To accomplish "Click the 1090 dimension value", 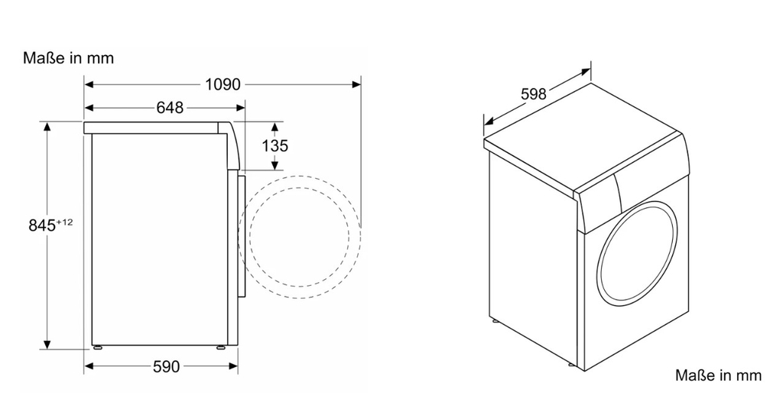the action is pyautogui.click(x=223, y=84).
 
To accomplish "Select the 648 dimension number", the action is pyautogui.click(x=170, y=108).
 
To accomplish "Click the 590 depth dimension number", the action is pyautogui.click(x=166, y=367).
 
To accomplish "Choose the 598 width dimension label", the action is pyautogui.click(x=533, y=94).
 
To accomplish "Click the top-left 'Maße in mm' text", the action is pyautogui.click(x=69, y=58).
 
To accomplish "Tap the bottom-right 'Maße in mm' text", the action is pyautogui.click(x=718, y=375).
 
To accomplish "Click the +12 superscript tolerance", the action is pyautogui.click(x=64, y=222).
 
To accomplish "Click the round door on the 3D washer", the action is pyautogui.click(x=638, y=252).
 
